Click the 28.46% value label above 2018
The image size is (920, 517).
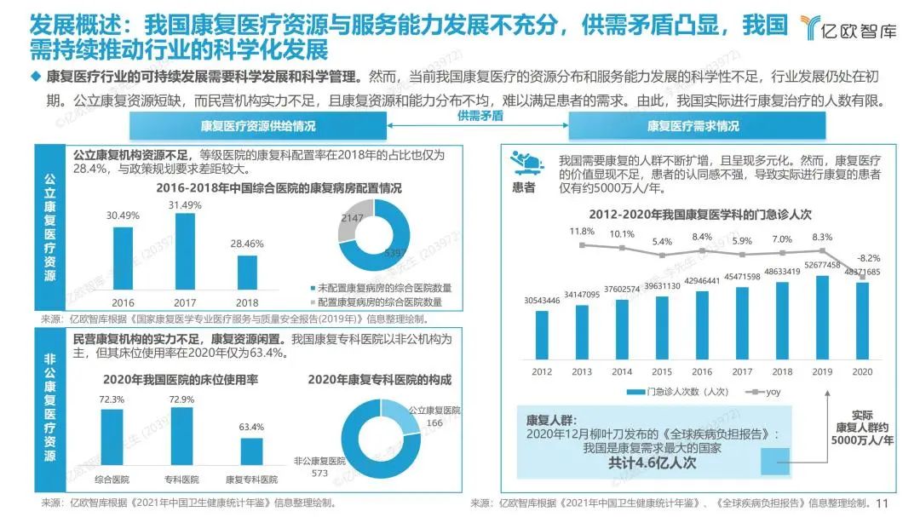coord(248,243)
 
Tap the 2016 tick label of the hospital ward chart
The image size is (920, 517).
coord(123,302)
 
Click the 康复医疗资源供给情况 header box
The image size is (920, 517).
coord(257,127)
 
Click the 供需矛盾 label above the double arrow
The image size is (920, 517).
coord(480,115)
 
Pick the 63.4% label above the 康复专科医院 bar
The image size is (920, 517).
coord(251,426)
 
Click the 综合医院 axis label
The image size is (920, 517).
coord(112,479)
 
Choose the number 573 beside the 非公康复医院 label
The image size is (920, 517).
coord(319,473)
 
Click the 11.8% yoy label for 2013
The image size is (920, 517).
coord(582,231)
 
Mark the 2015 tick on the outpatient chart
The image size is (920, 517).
coord(661,371)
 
